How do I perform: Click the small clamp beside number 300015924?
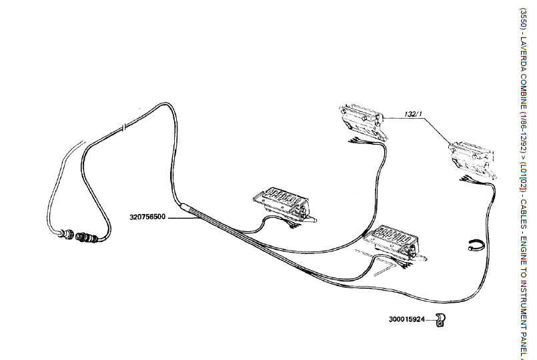tap(439, 319)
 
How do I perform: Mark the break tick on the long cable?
tap(125, 127)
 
